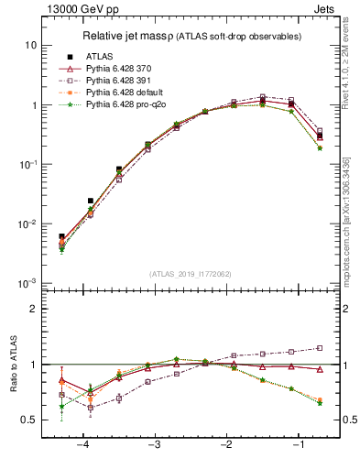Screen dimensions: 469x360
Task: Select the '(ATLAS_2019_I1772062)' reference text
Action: pos(190,273)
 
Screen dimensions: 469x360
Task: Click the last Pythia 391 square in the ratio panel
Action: pos(320,347)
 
